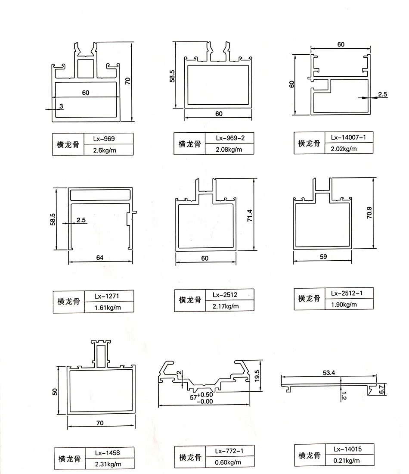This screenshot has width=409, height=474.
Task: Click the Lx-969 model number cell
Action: point(106,139)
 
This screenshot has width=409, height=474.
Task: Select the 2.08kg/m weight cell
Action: point(229,150)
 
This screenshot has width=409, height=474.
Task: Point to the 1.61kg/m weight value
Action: point(108,307)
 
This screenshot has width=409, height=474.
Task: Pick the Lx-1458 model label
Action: point(108,452)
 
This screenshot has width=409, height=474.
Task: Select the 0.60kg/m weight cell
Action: point(228,462)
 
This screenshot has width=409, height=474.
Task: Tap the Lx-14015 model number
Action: point(347,449)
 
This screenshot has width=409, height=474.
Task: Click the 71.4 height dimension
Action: point(249,215)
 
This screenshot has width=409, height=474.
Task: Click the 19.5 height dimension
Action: point(257,374)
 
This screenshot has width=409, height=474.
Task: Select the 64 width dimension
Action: point(100,258)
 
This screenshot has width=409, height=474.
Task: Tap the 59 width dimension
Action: point(324,256)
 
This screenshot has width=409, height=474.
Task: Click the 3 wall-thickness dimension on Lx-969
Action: point(61,106)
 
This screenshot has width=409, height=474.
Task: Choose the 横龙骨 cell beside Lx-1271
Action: point(68,302)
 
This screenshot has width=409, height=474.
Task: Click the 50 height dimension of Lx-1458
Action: point(55,391)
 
